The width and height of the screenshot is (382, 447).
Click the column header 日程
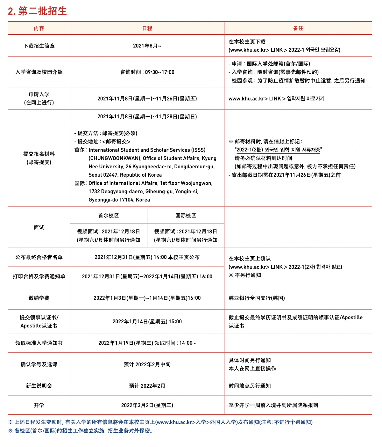click(147, 28)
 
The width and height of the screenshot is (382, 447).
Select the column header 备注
click(298, 28)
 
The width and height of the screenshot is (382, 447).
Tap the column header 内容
click(39, 28)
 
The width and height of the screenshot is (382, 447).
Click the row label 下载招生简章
click(39, 46)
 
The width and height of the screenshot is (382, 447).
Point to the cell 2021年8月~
click(147, 46)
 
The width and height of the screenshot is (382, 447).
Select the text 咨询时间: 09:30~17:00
click(147, 72)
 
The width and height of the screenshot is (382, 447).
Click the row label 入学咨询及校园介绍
click(39, 72)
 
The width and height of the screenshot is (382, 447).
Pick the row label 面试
click(39, 227)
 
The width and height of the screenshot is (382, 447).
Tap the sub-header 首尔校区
click(109, 216)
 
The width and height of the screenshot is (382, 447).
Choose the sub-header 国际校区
click(186, 216)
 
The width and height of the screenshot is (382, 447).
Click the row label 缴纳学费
click(39, 298)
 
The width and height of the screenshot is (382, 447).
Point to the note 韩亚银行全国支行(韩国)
click(257, 298)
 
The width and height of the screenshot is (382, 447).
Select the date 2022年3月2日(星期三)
click(147, 405)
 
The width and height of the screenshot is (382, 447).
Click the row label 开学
click(39, 405)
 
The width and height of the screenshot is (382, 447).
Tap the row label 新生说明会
click(39, 386)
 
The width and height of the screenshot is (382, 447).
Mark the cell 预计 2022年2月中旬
click(147, 364)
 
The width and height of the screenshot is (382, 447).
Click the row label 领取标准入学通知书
click(39, 343)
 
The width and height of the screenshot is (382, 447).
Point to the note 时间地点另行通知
click(250, 386)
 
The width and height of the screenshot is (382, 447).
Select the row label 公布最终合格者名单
click(39, 257)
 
